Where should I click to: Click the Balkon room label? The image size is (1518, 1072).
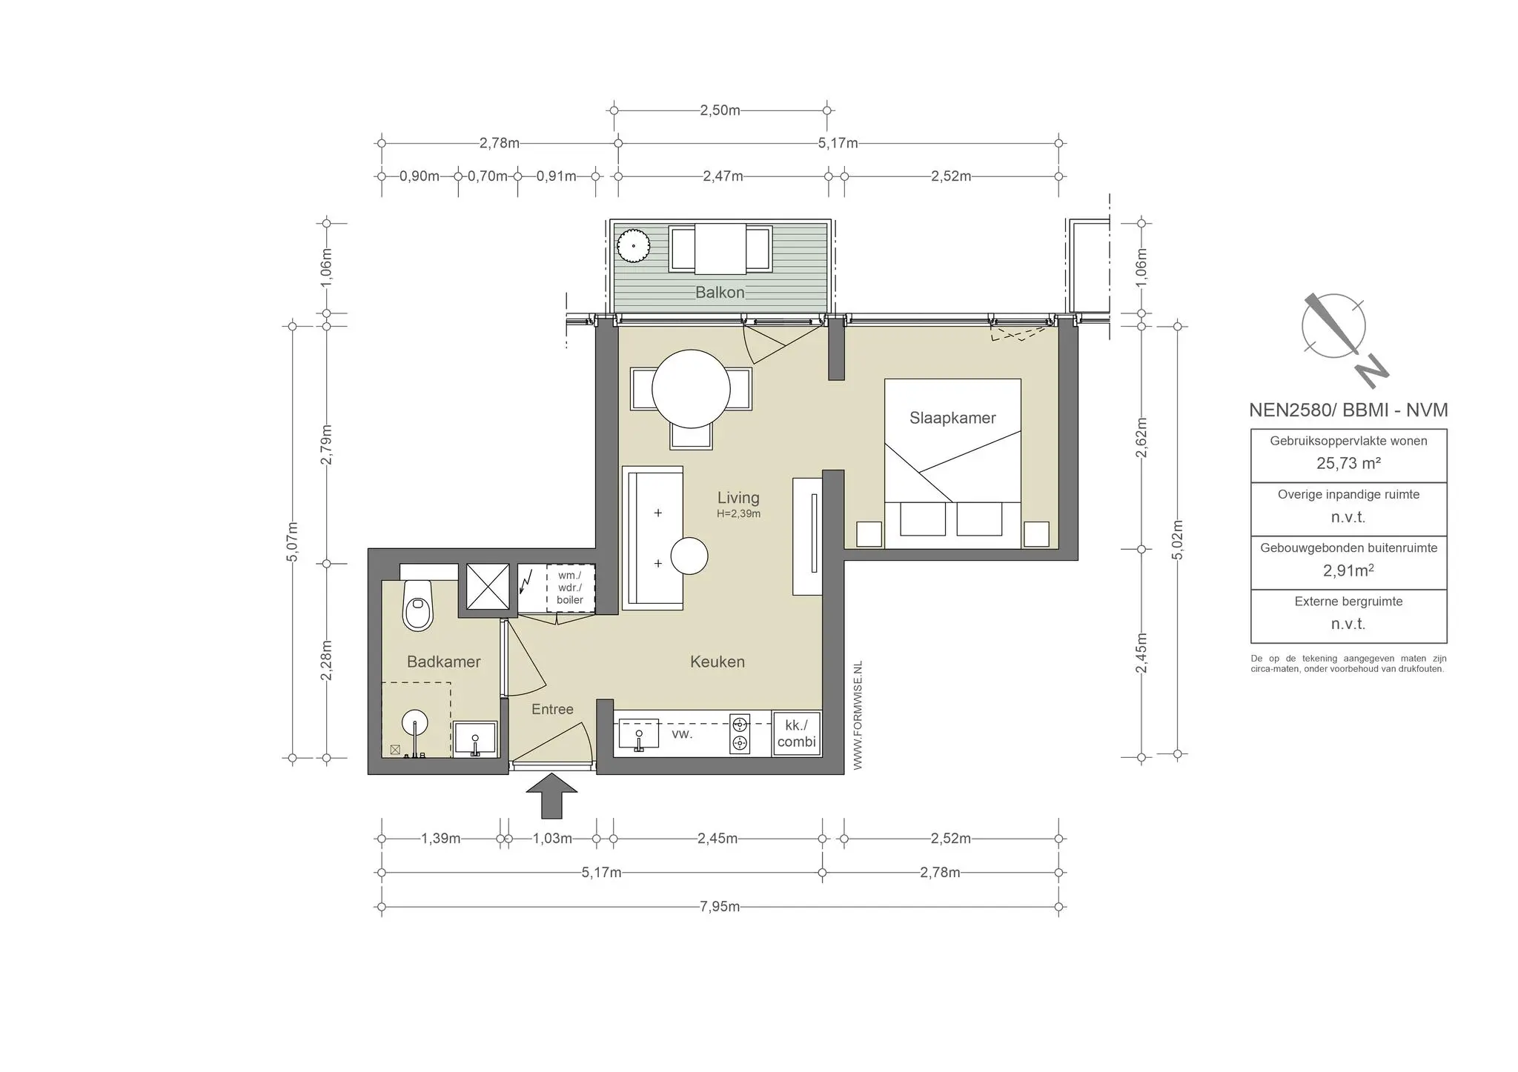pyautogui.click(x=719, y=292)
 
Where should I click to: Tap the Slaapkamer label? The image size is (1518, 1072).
pyautogui.click(x=952, y=418)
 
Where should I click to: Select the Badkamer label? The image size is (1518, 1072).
pyautogui.click(x=443, y=662)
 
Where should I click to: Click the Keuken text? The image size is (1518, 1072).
pyautogui.click(x=717, y=662)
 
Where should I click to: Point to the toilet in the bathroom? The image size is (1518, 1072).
pyautogui.click(x=418, y=605)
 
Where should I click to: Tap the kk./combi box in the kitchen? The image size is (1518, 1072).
pyautogui.click(x=796, y=733)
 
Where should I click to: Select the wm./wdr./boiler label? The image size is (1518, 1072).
pyautogui.click(x=570, y=587)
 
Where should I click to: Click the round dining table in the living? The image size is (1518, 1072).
pyautogui.click(x=691, y=389)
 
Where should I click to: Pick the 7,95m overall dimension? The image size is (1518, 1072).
pyautogui.click(x=719, y=906)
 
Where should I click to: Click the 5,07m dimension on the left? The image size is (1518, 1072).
pyautogui.click(x=292, y=542)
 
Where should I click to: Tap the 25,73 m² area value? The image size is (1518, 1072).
pyautogui.click(x=1348, y=463)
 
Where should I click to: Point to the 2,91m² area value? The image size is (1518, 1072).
pyautogui.click(x=1348, y=570)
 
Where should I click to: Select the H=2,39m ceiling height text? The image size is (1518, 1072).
pyautogui.click(x=738, y=513)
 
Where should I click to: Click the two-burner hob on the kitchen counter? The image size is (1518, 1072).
pyautogui.click(x=739, y=733)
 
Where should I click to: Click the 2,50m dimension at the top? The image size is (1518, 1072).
pyautogui.click(x=720, y=110)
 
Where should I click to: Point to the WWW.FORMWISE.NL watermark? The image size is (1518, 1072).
pyautogui.click(x=858, y=716)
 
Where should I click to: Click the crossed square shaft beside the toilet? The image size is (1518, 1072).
pyautogui.click(x=487, y=586)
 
